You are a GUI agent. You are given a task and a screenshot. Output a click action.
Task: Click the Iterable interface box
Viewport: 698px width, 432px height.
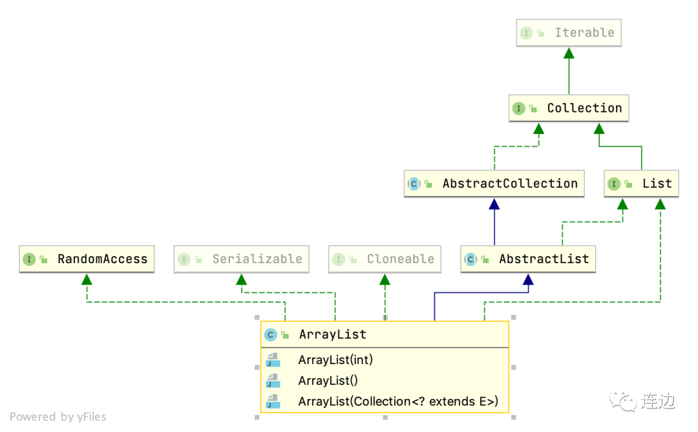point(569,32)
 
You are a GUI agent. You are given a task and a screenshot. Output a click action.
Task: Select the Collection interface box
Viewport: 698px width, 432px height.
point(569,108)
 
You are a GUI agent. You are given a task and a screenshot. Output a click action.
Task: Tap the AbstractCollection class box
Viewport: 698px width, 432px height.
point(494,184)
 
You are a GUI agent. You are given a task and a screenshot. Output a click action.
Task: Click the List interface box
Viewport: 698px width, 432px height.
point(642,184)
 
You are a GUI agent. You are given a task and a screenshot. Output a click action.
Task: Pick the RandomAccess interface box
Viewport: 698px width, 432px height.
point(87,259)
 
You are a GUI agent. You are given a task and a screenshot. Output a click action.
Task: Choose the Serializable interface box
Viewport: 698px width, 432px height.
point(241,259)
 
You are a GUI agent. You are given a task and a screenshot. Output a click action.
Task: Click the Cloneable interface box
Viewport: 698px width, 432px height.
point(385,259)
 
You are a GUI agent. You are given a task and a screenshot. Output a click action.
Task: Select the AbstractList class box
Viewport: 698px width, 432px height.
point(528,259)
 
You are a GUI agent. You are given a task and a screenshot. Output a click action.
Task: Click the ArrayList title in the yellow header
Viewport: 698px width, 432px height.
point(332,334)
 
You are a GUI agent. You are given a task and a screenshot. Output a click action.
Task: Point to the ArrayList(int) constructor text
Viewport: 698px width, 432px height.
point(335,360)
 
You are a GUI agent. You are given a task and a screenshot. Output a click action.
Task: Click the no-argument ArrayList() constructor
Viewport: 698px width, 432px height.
point(328,380)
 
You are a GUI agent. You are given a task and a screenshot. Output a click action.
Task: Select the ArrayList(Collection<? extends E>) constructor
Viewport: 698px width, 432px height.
point(398,401)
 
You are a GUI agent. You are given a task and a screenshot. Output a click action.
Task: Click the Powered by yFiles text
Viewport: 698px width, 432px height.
point(58,417)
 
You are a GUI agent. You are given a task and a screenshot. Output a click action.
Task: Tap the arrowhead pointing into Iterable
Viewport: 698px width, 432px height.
point(569,53)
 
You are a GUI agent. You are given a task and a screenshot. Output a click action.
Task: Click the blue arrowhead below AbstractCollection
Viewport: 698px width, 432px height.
point(494,204)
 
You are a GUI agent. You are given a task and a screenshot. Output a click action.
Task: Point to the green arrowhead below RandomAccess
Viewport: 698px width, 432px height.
point(87,279)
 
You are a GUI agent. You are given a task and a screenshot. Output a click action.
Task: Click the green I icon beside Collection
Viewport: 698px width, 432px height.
point(518,109)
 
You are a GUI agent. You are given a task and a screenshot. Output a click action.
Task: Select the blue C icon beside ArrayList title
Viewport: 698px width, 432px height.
point(271,335)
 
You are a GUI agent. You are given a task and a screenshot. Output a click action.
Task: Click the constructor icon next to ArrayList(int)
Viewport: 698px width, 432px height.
point(273,360)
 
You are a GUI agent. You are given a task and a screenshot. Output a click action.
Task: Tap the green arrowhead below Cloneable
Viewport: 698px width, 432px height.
point(385,279)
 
